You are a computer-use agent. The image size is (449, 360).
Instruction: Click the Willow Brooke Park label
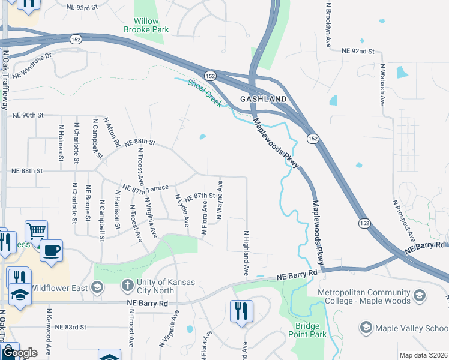146,24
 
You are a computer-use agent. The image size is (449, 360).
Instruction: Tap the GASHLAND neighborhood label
263,98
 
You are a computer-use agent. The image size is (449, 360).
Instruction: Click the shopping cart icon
36,230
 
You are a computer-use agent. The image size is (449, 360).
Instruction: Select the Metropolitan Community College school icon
420,295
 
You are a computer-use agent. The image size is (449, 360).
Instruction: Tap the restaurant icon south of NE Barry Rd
241,311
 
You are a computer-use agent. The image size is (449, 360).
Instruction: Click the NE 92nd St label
358,52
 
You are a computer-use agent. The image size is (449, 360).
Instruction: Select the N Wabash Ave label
382,85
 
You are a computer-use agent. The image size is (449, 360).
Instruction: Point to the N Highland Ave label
246,253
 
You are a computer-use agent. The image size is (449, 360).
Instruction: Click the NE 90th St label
28,115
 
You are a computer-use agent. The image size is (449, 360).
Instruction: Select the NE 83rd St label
71,328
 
